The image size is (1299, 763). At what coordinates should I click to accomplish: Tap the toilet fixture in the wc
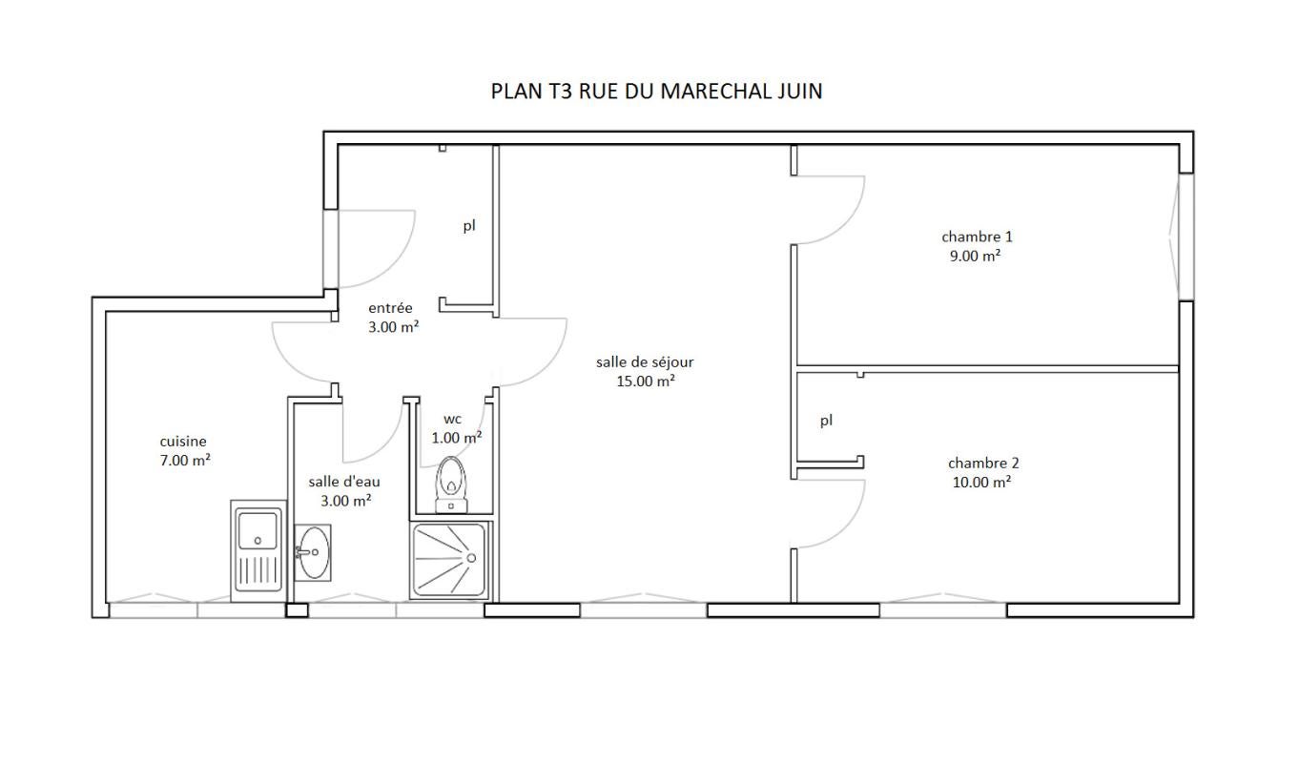(x=450, y=485)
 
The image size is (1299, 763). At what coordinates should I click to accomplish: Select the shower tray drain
(x=471, y=558)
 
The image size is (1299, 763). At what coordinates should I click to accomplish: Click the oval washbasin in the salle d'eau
(x=314, y=552)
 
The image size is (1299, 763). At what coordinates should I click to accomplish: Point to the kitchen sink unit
(x=258, y=551)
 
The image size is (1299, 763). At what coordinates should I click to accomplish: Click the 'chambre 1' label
(x=977, y=237)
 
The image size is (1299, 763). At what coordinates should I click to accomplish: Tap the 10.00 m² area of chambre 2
(x=981, y=482)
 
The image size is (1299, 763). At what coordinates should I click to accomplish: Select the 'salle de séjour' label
(x=645, y=362)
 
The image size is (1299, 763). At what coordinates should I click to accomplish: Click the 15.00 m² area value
(x=646, y=381)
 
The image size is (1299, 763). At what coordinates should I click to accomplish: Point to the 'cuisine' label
(x=183, y=442)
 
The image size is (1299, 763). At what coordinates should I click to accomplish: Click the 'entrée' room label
(x=390, y=308)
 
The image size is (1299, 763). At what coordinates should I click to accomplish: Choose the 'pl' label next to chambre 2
(x=826, y=421)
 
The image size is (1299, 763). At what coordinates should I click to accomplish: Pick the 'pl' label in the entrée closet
(x=469, y=225)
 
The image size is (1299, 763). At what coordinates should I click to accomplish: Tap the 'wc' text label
(x=452, y=420)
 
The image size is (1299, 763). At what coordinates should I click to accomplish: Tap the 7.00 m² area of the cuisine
(x=185, y=461)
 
